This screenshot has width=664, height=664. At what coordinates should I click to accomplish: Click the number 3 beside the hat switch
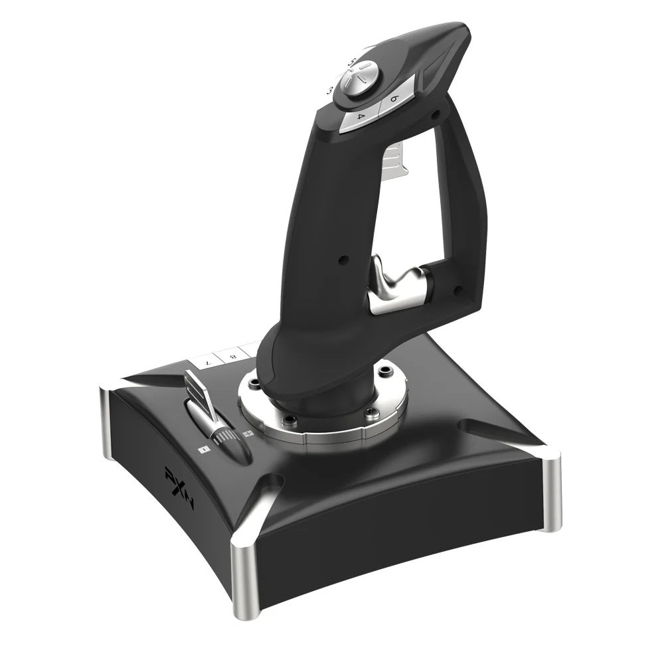coord(330,91)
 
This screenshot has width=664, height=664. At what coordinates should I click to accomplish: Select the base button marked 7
coord(208,363)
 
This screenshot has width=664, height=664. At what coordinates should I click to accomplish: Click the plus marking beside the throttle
coord(248,434)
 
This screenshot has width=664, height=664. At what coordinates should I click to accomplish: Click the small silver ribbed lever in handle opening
coord(396,157)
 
